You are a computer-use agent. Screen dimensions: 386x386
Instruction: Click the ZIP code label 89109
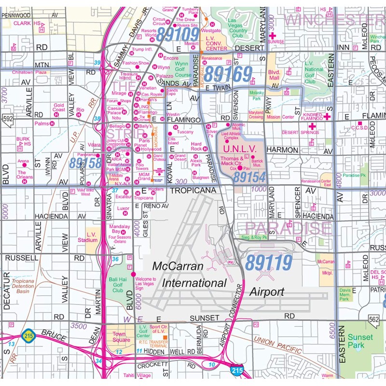tap(178, 34)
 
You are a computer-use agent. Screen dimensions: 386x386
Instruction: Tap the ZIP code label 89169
tap(228, 74)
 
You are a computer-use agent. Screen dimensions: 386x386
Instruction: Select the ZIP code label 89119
tap(269, 263)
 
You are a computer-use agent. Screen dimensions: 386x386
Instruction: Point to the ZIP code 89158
tap(85, 163)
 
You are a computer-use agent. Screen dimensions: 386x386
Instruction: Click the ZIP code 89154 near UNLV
tap(250, 177)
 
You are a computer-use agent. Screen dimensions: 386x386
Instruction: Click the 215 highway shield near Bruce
tap(28, 334)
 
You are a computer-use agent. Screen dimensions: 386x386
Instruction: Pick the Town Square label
tap(119, 337)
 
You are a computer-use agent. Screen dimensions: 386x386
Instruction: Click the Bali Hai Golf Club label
tap(118, 284)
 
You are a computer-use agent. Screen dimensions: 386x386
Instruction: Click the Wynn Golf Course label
tap(182, 69)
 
